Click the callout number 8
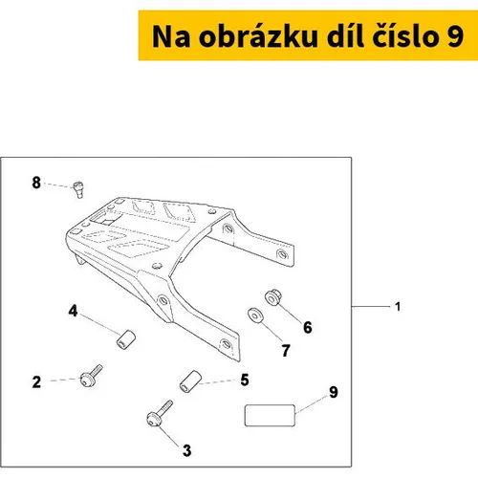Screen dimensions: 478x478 pos(36,183)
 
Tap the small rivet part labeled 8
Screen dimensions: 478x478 pos(78,189)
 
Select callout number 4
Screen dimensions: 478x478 pos(73,311)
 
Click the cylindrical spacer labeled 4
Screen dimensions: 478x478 pos(125,339)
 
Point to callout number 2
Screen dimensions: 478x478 pos(36,381)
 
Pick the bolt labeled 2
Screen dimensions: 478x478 pos(91,377)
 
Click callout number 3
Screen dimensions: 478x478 pos(187,450)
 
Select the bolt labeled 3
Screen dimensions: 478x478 pos(160,413)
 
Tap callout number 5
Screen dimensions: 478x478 pos(245,380)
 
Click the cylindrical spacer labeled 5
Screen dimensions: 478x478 pos(190,381)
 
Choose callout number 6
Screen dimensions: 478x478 pos(308,327)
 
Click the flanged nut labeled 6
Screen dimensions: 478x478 pos(273,297)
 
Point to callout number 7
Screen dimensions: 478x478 pos(286,351)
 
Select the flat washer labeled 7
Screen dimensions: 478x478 pos(255,315)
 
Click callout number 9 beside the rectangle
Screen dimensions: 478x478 pos(334,392)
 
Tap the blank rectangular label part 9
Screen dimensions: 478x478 pos(270,415)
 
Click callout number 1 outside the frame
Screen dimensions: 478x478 pos(398,307)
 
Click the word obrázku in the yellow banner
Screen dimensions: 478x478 pos(258,36)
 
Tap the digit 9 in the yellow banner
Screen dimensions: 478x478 pos(455,37)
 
